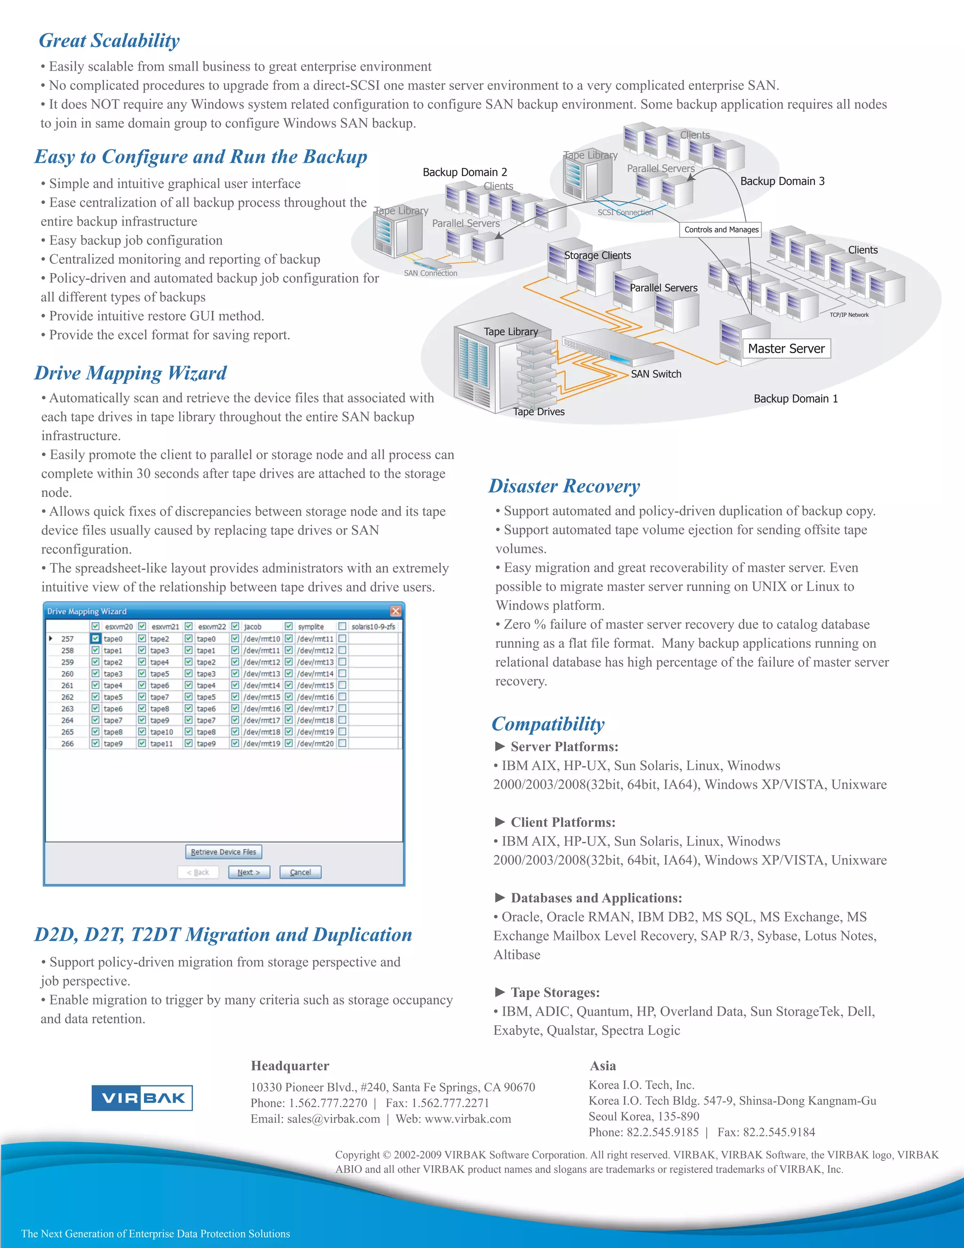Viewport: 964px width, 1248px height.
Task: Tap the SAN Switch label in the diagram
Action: tap(656, 374)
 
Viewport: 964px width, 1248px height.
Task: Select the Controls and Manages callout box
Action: tap(721, 230)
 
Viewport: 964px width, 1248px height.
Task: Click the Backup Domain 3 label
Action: tap(782, 181)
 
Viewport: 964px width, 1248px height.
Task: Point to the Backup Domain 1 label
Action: tap(795, 399)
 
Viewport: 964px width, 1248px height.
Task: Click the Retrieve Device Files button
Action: tap(223, 852)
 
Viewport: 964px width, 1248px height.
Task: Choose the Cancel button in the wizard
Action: tap(300, 873)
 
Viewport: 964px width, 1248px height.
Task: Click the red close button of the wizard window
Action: tap(395, 611)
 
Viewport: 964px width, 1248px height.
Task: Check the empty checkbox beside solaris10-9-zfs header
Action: tap(342, 626)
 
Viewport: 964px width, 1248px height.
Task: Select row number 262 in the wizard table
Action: tap(67, 697)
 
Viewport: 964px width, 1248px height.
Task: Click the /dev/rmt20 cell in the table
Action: tap(315, 744)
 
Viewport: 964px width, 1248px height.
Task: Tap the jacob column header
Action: tap(252, 627)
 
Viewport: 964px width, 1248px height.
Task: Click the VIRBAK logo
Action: tap(142, 1098)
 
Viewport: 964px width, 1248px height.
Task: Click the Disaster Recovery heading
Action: tap(564, 486)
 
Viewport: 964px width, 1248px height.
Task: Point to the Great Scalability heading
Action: tap(109, 41)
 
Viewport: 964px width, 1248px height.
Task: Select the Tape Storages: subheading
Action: tap(554, 993)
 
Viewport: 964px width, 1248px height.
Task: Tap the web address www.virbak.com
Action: tap(468, 1119)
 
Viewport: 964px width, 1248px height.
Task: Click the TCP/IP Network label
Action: tap(849, 315)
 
